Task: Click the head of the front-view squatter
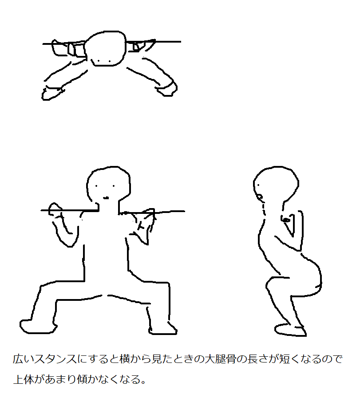(108, 185)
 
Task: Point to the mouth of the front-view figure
(106, 197)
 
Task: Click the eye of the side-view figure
(258, 185)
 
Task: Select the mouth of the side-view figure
(260, 196)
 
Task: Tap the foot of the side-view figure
(290, 330)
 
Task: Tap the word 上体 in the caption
(24, 379)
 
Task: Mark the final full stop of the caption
(143, 382)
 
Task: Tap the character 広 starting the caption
(18, 359)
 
